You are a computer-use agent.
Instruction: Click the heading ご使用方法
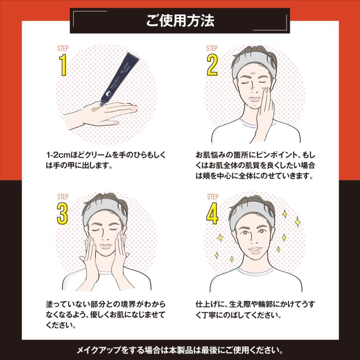[180, 21]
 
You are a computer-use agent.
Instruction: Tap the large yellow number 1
[63, 65]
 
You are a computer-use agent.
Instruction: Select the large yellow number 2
[212, 65]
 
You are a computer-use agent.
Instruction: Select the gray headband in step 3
[105, 211]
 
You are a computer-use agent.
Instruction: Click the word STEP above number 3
[63, 197]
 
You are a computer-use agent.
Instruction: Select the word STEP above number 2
[212, 48]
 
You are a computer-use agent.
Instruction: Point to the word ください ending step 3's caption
[60, 325]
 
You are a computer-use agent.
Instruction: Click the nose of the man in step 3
[105, 238]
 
